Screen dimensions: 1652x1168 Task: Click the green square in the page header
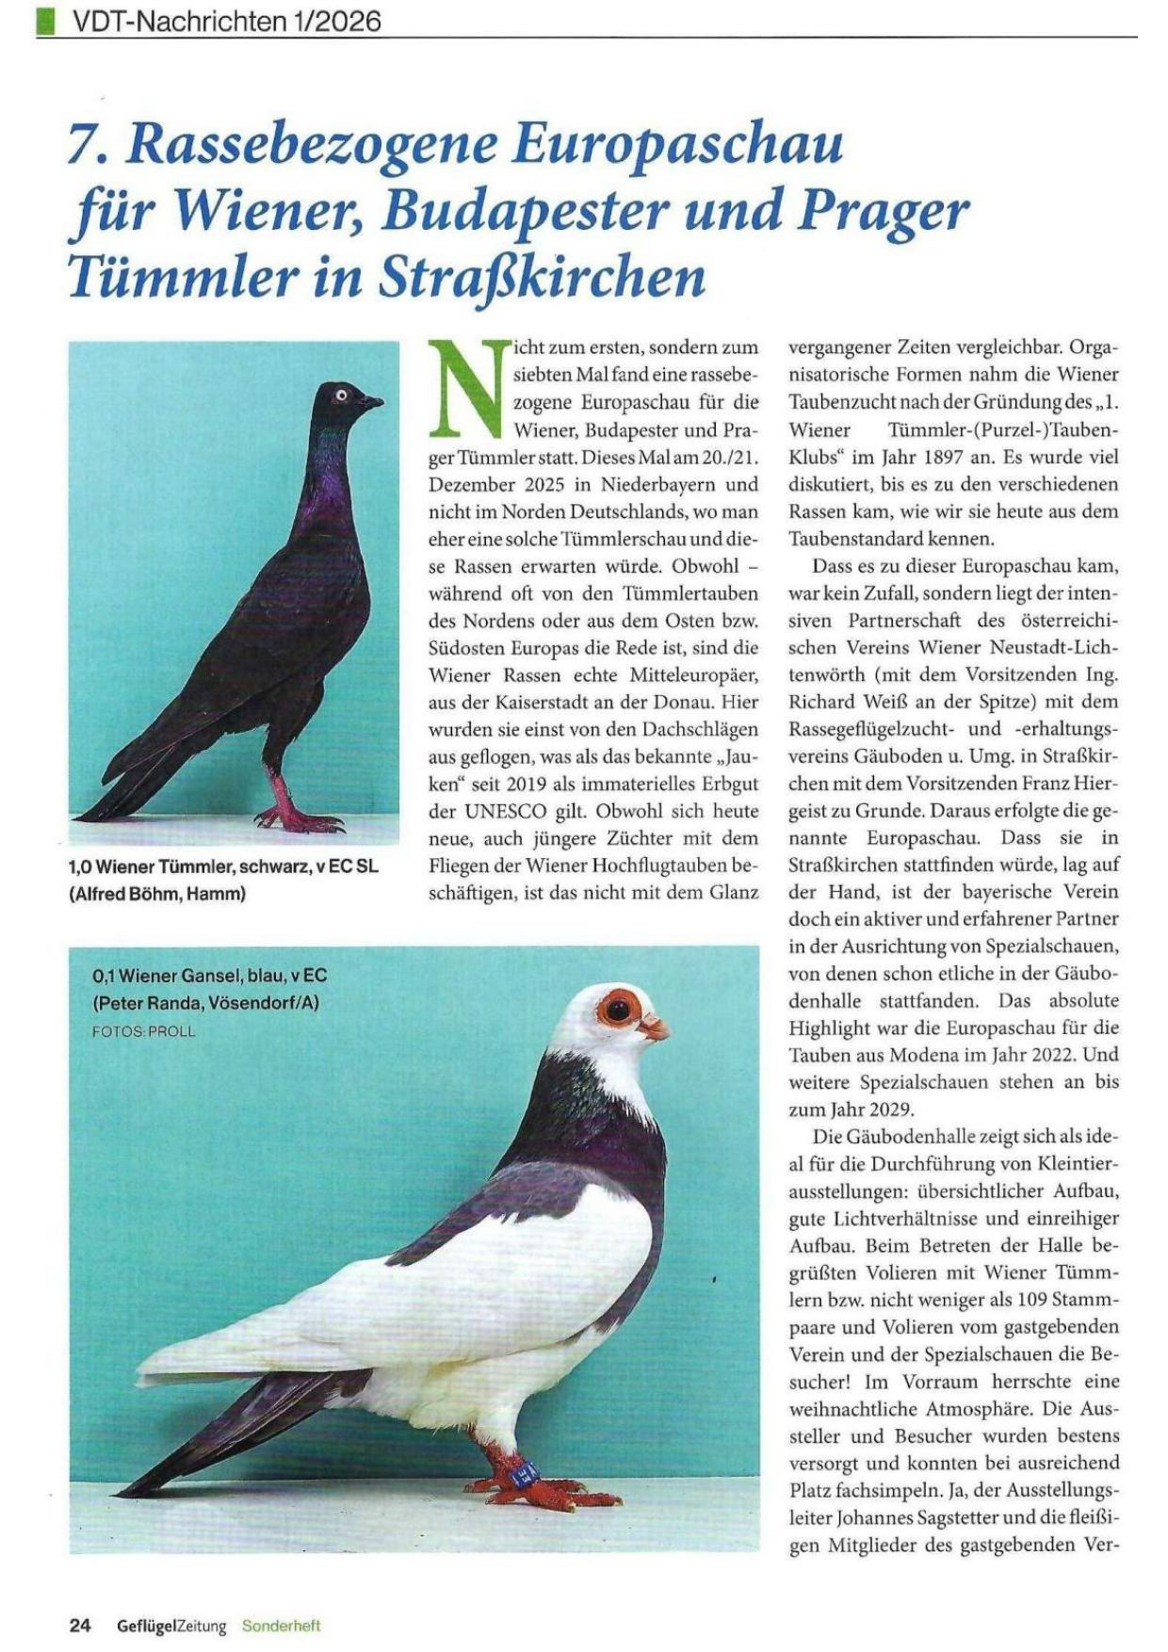point(43,21)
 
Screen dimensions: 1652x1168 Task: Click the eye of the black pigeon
point(341,395)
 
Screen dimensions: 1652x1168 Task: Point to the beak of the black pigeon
point(373,402)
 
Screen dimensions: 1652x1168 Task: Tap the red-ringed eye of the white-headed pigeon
point(618,1010)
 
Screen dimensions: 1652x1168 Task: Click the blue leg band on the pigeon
point(521,1469)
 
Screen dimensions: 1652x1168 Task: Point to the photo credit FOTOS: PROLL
point(143,1031)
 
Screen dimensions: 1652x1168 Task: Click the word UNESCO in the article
point(511,811)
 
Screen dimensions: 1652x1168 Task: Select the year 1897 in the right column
point(988,457)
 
